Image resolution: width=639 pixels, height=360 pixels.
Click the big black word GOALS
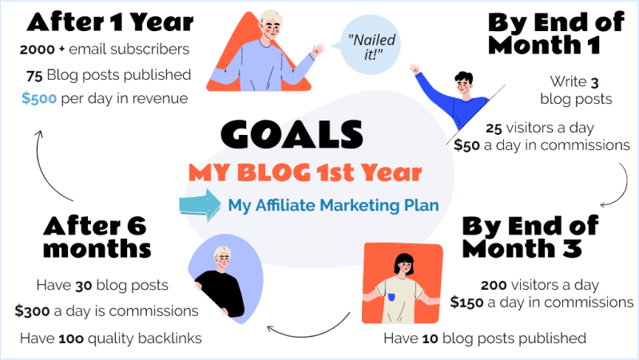292,134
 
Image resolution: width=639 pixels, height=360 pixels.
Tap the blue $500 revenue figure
39,98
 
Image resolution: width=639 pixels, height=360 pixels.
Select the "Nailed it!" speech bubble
370,45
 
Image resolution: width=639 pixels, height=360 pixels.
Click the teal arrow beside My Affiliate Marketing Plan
200,205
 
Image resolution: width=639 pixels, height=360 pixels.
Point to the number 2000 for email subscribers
37,49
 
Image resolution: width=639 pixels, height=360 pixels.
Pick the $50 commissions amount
466,145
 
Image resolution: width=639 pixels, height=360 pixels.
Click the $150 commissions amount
466,303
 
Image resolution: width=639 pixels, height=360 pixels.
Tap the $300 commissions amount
32,311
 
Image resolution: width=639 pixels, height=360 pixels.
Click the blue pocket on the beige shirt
391,297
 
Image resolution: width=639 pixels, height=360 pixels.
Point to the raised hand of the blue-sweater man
415,69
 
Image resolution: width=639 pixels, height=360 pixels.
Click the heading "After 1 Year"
110,22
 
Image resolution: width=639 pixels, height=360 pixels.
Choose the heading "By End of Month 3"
530,237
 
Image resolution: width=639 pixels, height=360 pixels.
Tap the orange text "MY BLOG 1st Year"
305,172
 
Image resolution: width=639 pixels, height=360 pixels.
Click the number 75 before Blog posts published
34,76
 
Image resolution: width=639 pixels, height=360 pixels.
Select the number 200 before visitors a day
494,286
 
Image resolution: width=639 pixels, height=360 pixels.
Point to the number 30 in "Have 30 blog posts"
84,287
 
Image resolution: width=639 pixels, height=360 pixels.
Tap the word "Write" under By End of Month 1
568,81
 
